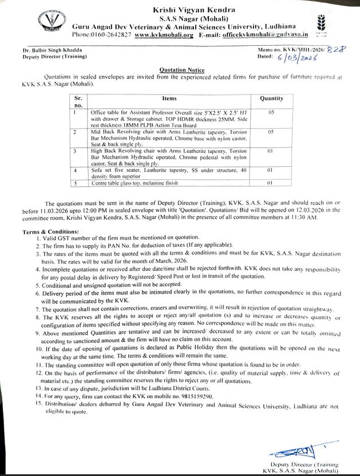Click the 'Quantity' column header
point(271,99)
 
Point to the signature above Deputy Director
point(302,447)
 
